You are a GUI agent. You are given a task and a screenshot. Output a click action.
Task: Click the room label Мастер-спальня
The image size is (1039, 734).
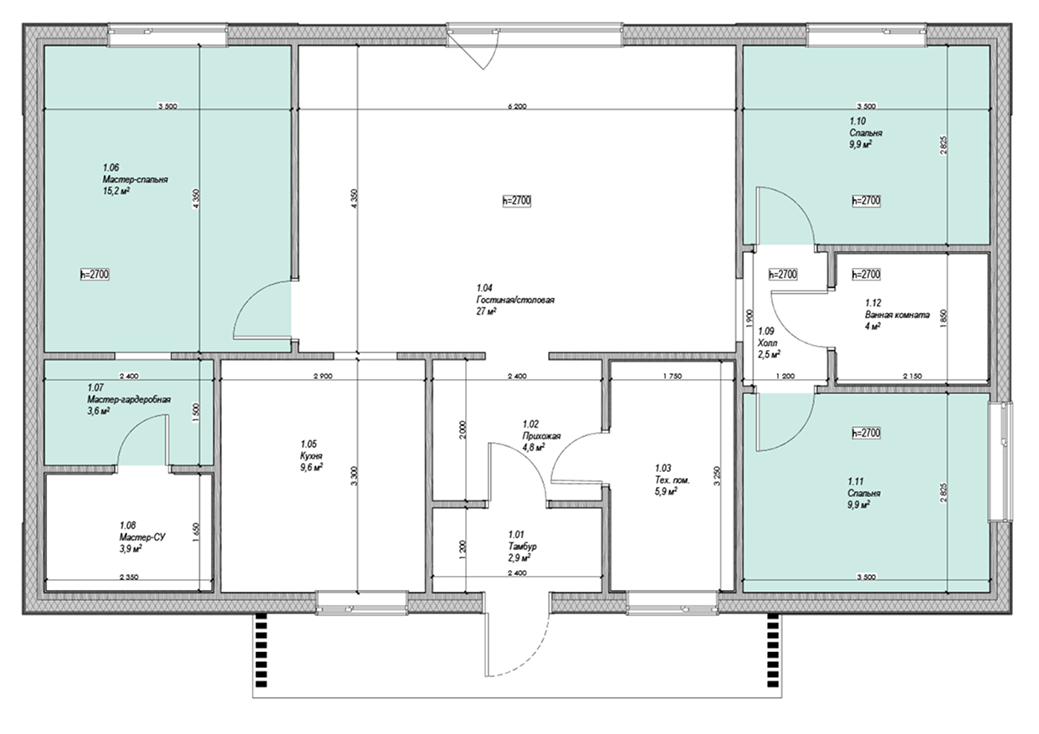136,180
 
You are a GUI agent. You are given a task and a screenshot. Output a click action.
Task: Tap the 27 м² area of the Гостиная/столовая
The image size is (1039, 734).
486,311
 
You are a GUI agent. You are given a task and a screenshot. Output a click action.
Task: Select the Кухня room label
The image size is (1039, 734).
311,455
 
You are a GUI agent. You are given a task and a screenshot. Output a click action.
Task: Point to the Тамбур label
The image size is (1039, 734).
522,546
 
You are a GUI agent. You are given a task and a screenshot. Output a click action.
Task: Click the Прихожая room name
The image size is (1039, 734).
541,436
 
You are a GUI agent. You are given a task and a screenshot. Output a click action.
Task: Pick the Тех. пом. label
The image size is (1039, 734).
672,480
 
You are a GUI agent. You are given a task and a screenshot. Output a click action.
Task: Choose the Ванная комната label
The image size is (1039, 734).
897,315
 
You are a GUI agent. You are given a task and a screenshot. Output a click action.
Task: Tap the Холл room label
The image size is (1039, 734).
766,343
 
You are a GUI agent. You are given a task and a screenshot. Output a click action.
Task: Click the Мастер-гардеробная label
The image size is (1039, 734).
129,399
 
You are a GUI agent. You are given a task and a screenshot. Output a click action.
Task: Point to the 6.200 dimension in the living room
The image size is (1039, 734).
517,106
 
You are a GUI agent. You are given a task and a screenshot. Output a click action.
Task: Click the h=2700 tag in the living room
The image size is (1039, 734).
517,201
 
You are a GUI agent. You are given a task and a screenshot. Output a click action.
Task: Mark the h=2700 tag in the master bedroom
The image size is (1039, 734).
95,275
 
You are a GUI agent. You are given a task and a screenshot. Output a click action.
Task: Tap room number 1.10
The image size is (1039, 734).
857,121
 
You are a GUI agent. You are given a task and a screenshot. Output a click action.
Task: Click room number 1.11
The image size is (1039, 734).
856,481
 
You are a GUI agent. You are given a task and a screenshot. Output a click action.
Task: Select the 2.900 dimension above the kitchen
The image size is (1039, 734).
323,377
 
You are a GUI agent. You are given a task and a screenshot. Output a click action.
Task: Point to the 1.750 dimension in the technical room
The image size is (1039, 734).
672,377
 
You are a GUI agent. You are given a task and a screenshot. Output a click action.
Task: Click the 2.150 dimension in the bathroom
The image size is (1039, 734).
912,377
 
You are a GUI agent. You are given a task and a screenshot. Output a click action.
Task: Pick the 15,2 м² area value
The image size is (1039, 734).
116,191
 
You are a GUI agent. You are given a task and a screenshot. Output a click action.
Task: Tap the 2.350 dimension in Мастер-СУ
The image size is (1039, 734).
129,577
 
